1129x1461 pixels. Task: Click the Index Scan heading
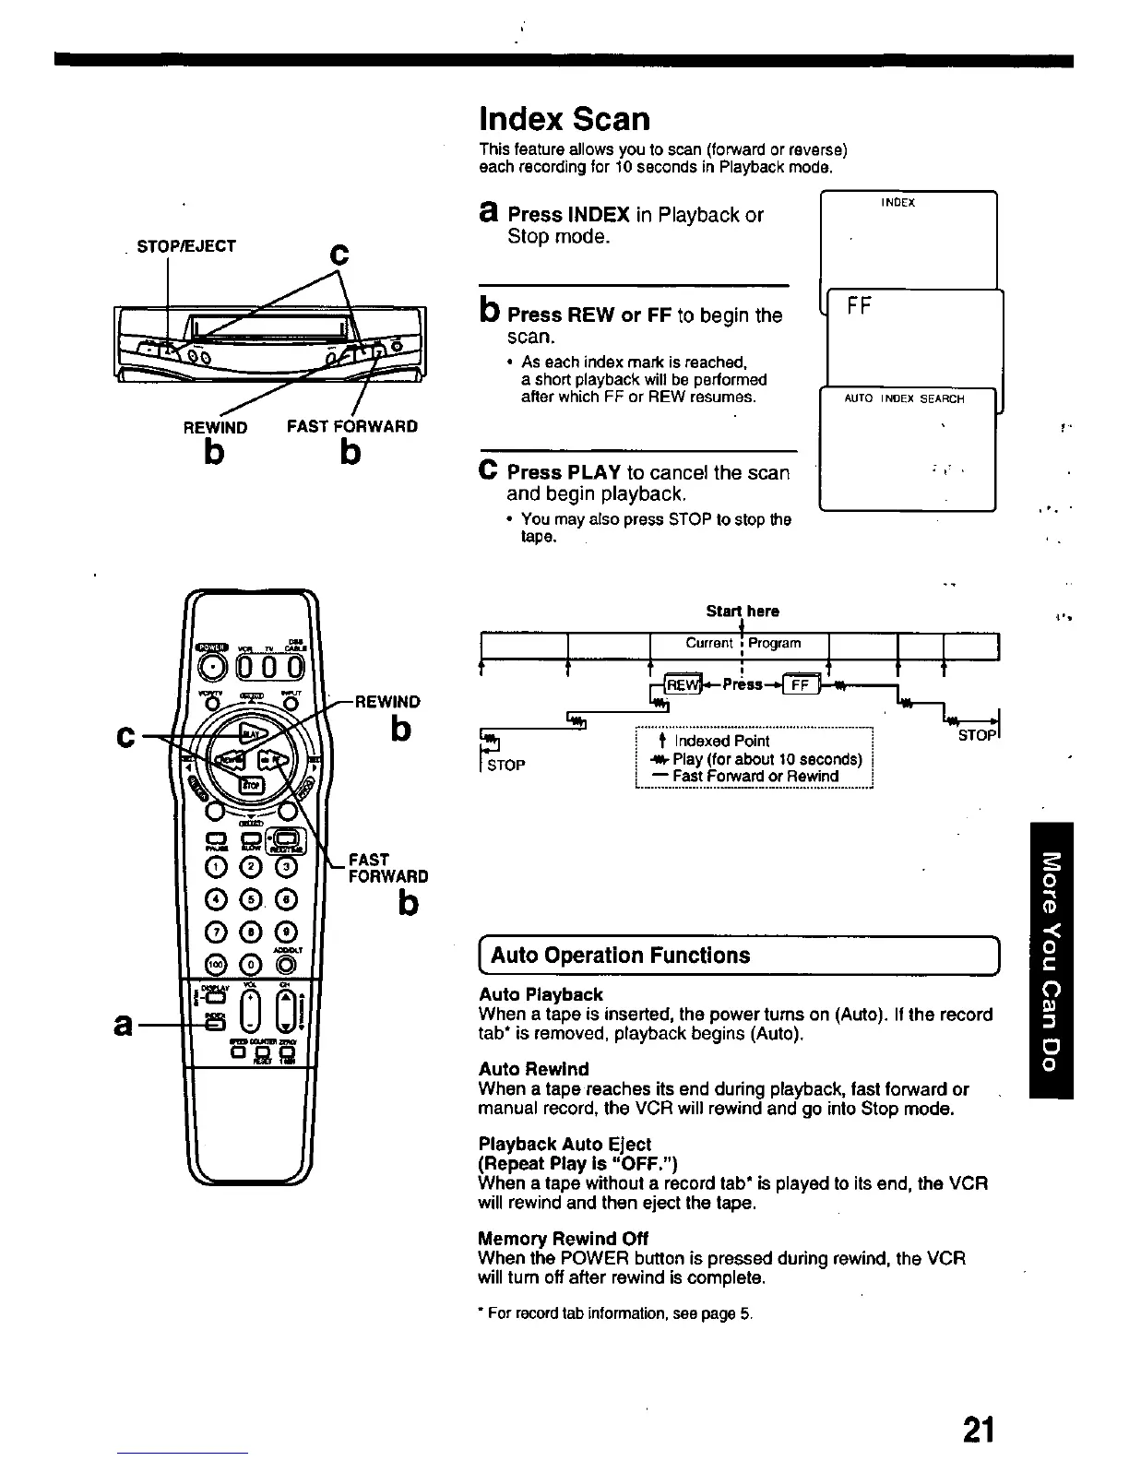564,119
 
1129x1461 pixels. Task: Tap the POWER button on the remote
212,666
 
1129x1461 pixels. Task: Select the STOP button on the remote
251,784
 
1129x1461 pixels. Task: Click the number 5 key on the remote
251,899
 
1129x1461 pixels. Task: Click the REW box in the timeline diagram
683,684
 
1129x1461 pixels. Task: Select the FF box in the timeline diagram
799,684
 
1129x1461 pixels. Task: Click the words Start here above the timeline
743,612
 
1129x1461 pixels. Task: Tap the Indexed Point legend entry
720,741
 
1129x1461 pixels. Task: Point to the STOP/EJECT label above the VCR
186,246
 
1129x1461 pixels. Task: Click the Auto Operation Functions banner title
621,956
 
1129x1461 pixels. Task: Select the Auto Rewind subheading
533,1069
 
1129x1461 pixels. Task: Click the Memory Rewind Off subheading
563,1238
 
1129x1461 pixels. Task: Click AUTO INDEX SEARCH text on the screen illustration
904,399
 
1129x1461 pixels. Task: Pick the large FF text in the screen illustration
859,306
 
